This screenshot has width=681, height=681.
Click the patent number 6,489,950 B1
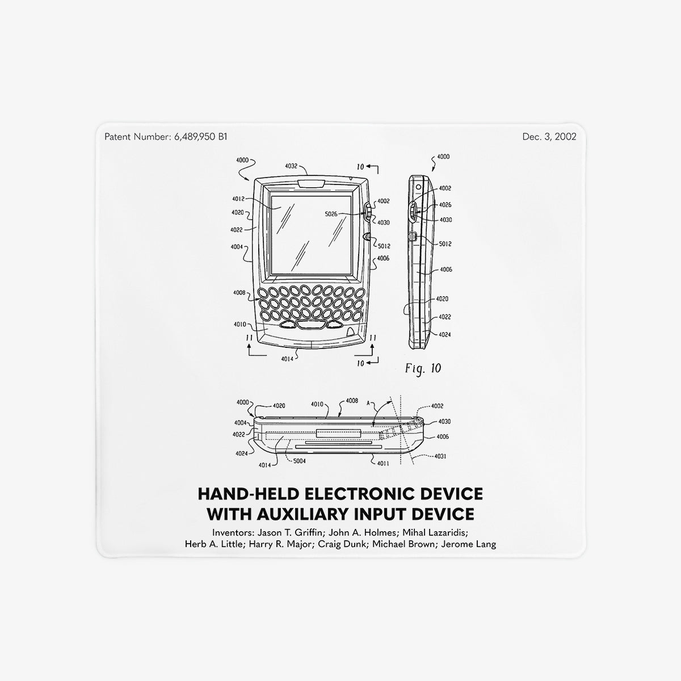201,137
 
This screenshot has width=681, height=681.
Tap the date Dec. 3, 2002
549,137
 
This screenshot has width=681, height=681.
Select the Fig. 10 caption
423,369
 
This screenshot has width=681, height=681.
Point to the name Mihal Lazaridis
435,532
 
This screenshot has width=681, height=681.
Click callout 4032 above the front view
291,166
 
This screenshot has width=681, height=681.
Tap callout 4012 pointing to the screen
238,199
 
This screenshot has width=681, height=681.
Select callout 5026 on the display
331,214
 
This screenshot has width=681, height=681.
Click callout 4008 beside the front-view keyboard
239,293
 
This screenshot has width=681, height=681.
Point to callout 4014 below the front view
287,359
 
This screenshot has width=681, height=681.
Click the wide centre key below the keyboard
310,325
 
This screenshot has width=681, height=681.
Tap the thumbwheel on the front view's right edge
367,212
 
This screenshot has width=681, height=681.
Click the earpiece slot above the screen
312,184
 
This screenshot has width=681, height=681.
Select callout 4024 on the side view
444,335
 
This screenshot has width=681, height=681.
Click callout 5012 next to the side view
445,244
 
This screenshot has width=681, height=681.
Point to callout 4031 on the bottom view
440,456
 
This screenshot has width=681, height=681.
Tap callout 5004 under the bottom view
299,461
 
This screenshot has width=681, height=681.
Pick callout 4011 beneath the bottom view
383,463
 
